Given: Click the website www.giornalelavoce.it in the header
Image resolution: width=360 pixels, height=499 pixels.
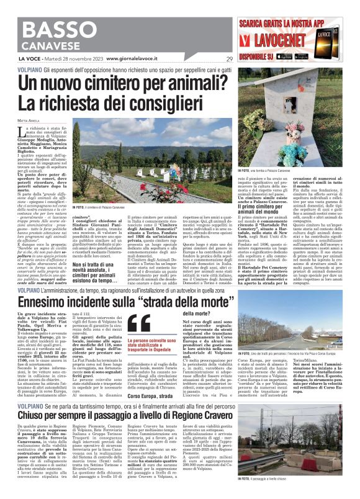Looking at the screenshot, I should click(x=137, y=59).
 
